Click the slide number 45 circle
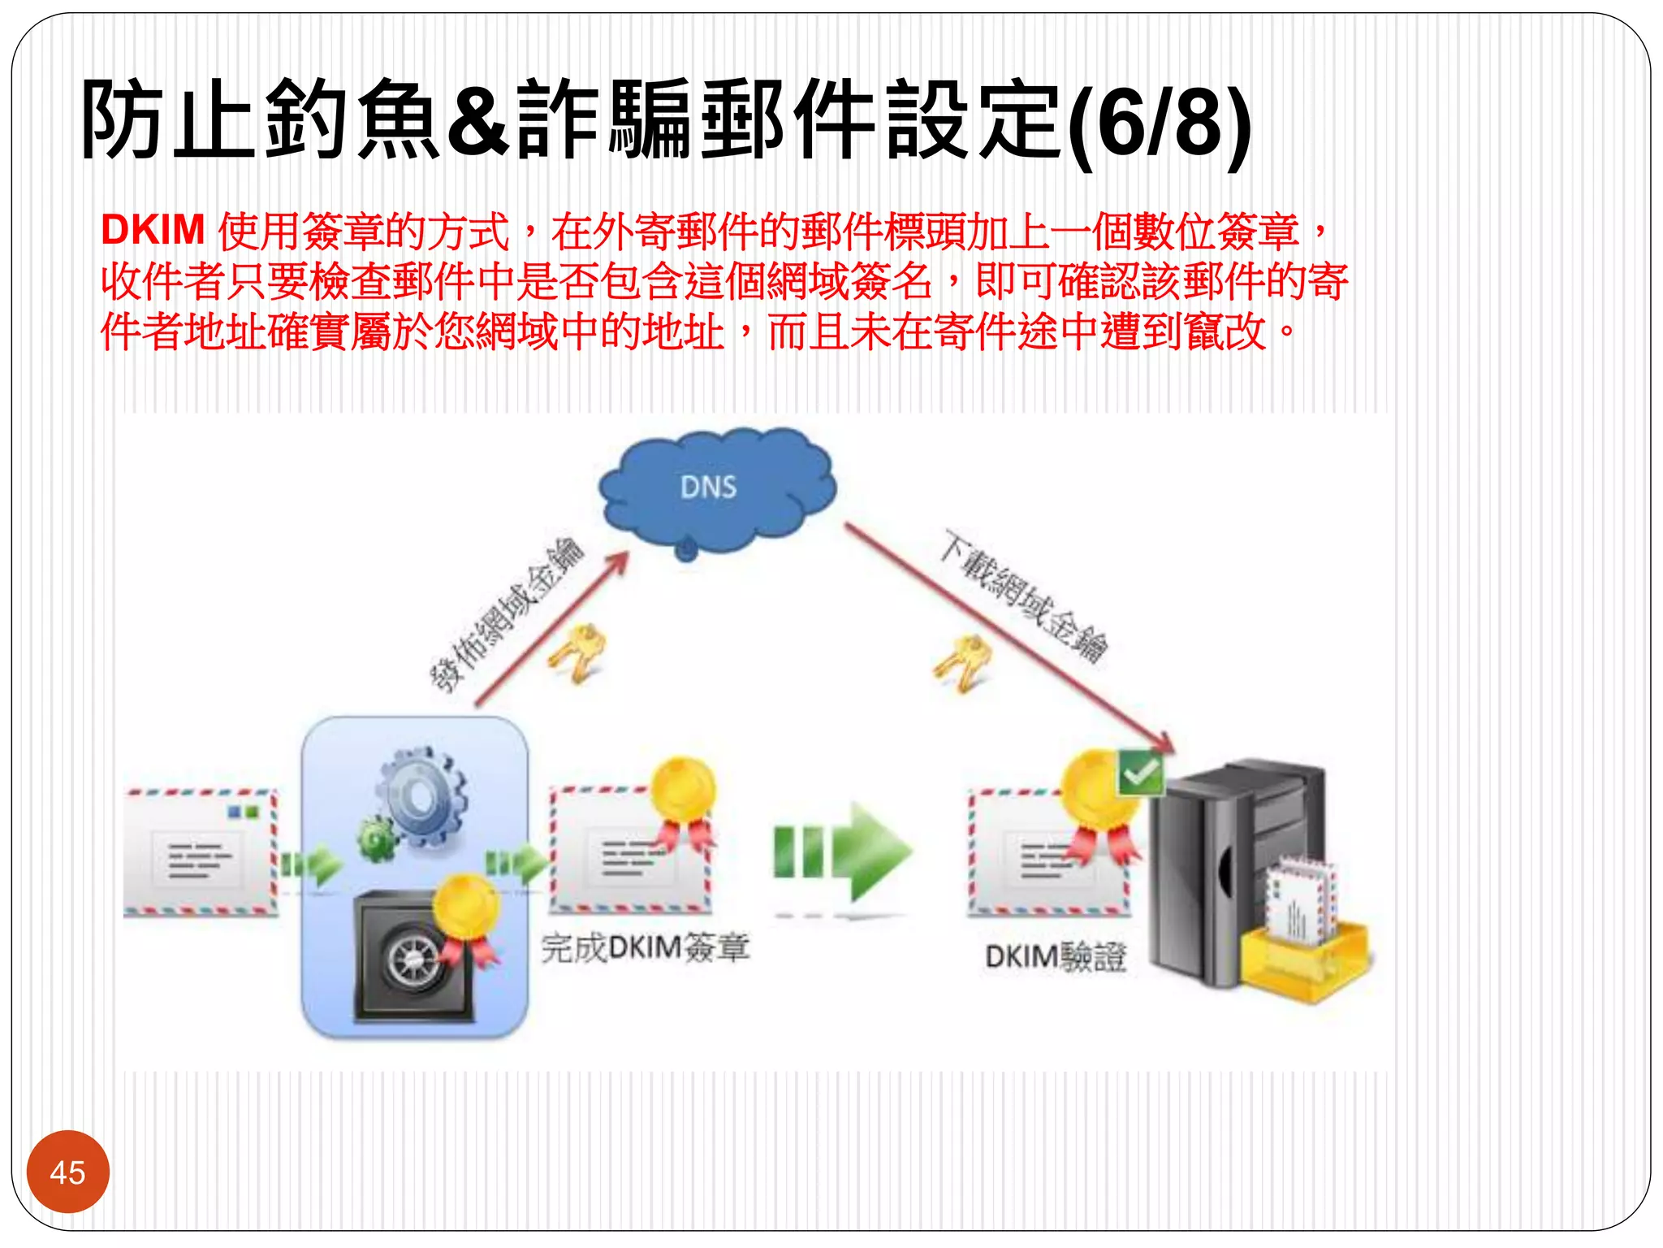click(67, 1172)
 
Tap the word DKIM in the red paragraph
click(153, 230)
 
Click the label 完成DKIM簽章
click(646, 948)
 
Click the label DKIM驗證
click(1055, 957)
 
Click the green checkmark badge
click(1140, 772)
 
